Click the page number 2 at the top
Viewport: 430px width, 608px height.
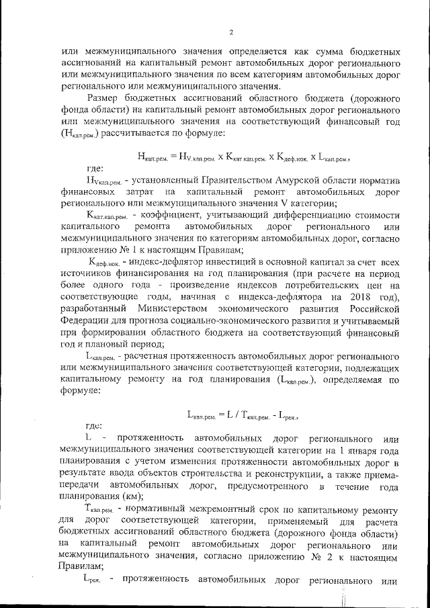click(230, 32)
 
